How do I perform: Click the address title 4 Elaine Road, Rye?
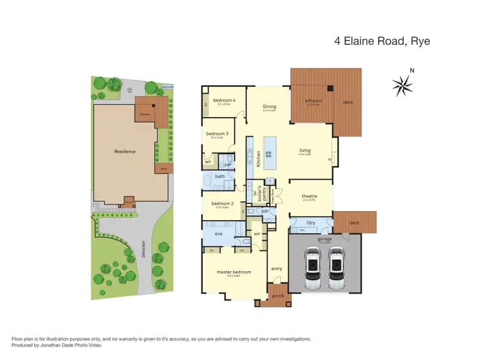(x=382, y=42)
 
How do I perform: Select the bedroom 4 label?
(x=225, y=101)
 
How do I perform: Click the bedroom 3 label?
(x=219, y=134)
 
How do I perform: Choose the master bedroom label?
(x=233, y=272)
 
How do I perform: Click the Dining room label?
(x=269, y=107)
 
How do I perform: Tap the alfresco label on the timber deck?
(x=312, y=101)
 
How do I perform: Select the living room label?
(x=304, y=151)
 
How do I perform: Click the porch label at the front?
(x=278, y=296)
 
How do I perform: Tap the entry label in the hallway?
(x=276, y=269)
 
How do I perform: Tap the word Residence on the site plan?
(x=125, y=152)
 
